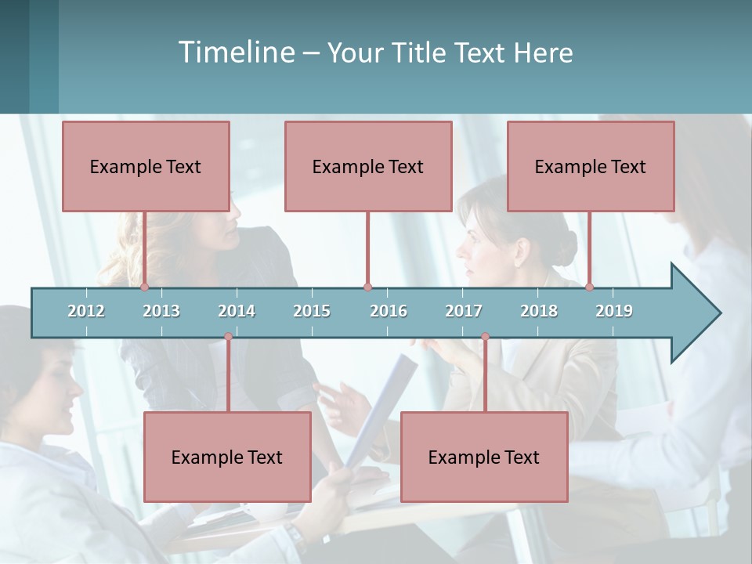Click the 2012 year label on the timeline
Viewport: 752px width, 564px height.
(86, 311)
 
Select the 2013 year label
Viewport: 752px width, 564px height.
(161, 311)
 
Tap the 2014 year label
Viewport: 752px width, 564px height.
(237, 311)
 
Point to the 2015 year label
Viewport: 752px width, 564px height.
(312, 311)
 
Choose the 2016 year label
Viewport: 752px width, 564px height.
(389, 311)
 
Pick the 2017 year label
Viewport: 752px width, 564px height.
(464, 311)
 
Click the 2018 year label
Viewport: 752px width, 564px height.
(539, 311)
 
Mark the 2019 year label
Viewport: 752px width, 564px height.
(614, 311)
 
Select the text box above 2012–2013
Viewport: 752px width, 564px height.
(146, 166)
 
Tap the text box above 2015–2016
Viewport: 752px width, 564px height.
(368, 166)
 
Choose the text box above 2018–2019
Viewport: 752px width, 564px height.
(591, 166)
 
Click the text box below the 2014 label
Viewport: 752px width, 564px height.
(227, 457)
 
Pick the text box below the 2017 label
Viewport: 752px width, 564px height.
(484, 457)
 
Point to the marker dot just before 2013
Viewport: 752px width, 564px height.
(145, 287)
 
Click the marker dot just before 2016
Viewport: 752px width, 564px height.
(367, 287)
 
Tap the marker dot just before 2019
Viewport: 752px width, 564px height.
(590, 287)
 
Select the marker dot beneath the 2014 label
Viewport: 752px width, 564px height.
(228, 337)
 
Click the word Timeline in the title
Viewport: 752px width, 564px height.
(236, 52)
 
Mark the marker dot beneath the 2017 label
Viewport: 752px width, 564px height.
(485, 337)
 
